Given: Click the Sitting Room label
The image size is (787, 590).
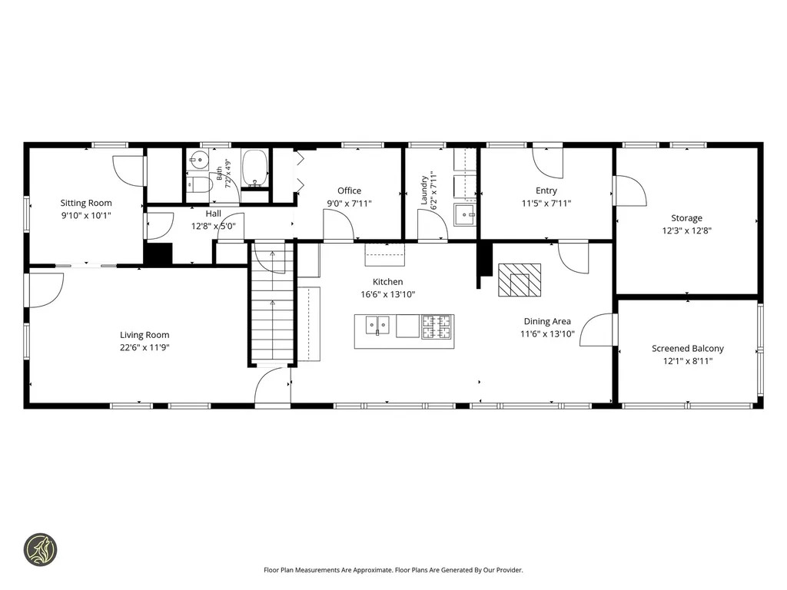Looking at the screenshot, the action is [86, 203].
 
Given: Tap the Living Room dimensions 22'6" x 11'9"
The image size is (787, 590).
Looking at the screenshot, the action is [144, 347].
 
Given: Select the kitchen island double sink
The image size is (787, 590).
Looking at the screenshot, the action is [377, 326].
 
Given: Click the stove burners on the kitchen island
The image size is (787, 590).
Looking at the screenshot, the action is [437, 326].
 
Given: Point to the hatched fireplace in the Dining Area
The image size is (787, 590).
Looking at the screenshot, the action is [520, 280].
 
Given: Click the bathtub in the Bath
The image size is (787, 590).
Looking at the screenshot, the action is [255, 168].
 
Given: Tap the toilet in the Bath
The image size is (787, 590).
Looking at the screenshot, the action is [201, 184].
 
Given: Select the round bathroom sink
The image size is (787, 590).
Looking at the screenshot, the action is [199, 161].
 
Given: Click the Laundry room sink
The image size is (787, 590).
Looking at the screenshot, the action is [465, 215].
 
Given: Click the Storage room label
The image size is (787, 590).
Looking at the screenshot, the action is [686, 217].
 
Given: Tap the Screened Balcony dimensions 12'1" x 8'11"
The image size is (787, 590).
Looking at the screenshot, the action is [688, 361].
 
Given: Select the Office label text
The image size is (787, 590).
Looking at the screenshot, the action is [350, 191].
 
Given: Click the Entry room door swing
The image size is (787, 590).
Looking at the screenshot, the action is [547, 163].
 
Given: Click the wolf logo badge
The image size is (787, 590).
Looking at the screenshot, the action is [41, 550].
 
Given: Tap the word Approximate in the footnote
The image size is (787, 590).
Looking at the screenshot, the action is [373, 570].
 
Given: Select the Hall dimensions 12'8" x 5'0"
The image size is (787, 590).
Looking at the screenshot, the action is [214, 226].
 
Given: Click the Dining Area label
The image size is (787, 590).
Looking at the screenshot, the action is [547, 321].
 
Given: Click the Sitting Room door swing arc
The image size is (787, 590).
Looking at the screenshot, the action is [128, 171].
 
